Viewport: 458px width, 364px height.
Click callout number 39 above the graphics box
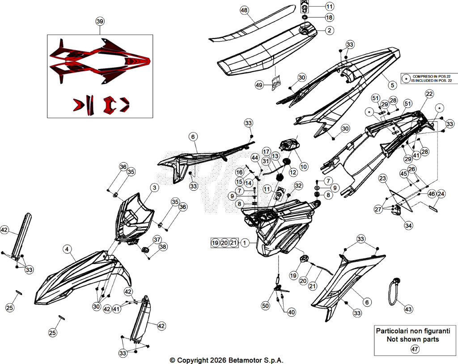tap(100, 21)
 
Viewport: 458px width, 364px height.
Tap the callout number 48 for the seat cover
tap(244, 10)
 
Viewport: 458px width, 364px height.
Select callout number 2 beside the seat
tap(330, 30)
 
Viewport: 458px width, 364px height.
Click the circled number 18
tap(329, 17)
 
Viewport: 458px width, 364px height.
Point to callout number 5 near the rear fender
tap(392, 85)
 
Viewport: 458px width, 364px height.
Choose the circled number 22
tap(429, 94)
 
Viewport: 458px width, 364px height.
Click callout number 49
tap(259, 85)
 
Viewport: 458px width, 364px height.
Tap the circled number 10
tap(304, 167)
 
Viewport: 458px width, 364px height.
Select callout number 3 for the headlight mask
tap(154, 188)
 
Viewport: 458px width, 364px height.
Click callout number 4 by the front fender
tap(67, 249)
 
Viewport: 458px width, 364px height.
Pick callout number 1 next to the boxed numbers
tap(245, 243)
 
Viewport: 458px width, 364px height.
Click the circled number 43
tap(408, 309)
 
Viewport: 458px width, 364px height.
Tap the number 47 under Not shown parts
tap(415, 349)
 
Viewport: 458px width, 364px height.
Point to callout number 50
tap(265, 306)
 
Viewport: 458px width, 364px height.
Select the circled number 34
tap(408, 225)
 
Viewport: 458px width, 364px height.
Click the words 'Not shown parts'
tap(413, 339)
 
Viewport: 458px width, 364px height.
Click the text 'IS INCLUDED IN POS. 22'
tap(432, 81)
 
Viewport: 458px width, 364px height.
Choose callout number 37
tap(157, 240)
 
